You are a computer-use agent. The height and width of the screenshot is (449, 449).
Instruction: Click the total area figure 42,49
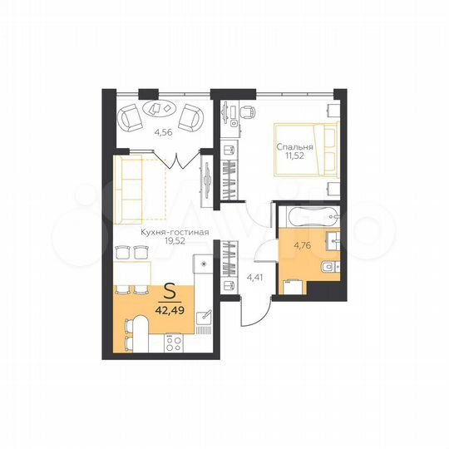(x=170, y=313)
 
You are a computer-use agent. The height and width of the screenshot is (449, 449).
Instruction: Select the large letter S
(x=170, y=294)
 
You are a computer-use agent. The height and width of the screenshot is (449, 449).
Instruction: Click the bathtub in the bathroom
(x=308, y=218)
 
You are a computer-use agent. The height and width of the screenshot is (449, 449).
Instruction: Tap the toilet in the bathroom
(x=326, y=267)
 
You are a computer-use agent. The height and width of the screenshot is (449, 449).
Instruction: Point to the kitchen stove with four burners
(x=175, y=342)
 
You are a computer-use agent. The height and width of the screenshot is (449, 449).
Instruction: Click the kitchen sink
(x=204, y=318)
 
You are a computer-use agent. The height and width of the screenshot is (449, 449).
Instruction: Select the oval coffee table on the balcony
(x=160, y=108)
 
